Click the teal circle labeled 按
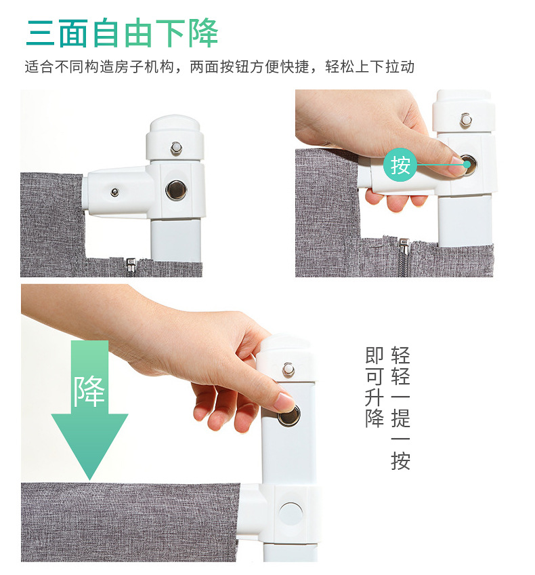click(400, 165)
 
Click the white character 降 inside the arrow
click(89, 391)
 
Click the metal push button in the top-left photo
click(176, 191)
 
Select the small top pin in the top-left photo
click(176, 148)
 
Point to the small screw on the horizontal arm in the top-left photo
click(115, 192)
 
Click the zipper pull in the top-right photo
click(404, 246)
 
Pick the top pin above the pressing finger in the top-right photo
click(465, 120)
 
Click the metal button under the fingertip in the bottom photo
click(289, 416)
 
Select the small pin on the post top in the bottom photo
click(288, 370)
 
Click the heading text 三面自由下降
click(123, 33)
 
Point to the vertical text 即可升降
click(374, 387)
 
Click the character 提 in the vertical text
click(400, 418)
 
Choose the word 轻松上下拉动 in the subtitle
click(370, 66)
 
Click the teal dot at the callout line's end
click(467, 165)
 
